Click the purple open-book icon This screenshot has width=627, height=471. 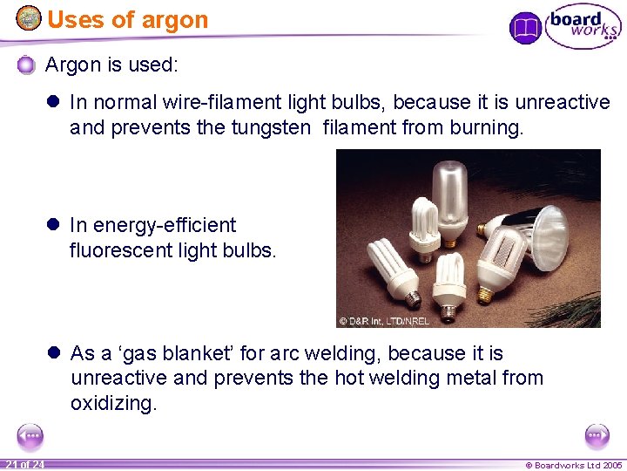tap(525, 28)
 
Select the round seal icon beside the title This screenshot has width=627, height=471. tap(29, 17)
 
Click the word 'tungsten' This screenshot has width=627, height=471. tap(271, 127)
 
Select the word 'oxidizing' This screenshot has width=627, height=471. tap(114, 403)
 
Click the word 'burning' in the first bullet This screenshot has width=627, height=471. tap(484, 127)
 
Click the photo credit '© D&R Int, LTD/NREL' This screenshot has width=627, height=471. tap(384, 320)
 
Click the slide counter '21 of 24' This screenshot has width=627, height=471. tap(24, 464)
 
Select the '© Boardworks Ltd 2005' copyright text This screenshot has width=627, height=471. tap(572, 465)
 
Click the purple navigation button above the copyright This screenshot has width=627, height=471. tap(597, 435)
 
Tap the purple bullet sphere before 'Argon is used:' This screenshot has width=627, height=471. tap(27, 65)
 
